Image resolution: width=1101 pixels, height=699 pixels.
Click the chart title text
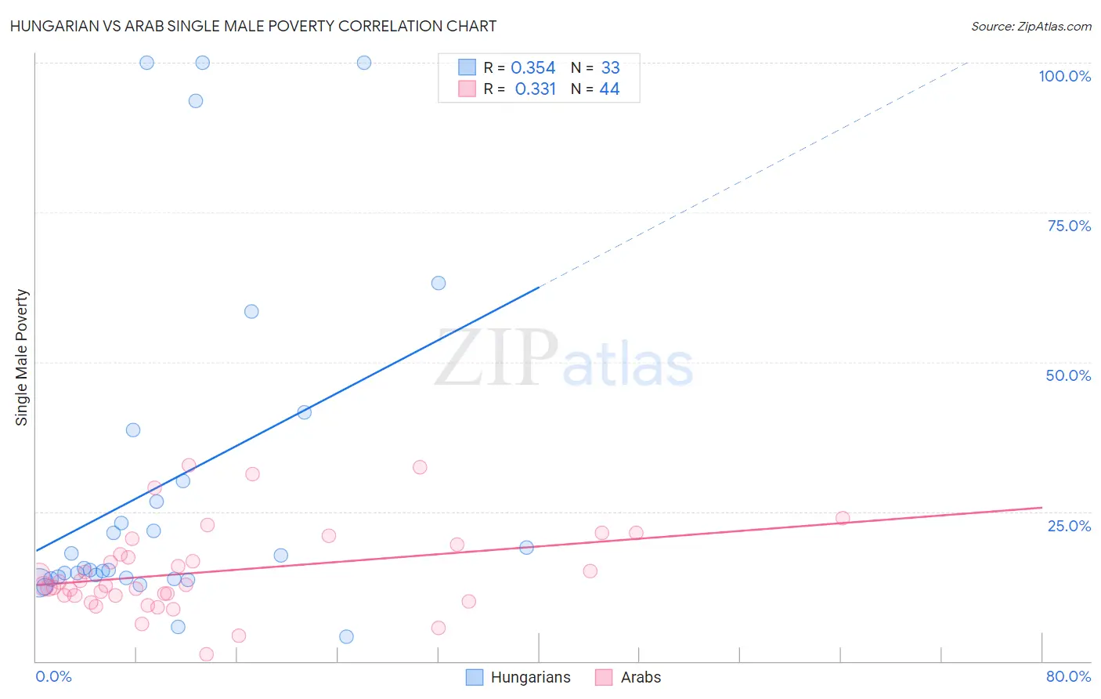[253, 26]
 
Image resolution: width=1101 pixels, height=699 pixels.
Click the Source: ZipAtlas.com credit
[1031, 26]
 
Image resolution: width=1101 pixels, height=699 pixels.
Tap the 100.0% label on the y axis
[1064, 76]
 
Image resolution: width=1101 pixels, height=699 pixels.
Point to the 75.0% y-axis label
[1069, 226]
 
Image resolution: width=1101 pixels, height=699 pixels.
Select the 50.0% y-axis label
[1068, 375]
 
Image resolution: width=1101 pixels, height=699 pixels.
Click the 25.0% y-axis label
[1069, 526]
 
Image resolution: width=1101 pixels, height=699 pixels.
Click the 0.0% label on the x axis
[53, 676]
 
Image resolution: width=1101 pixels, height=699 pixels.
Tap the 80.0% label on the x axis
[1068, 676]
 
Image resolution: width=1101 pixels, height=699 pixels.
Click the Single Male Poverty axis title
[22, 357]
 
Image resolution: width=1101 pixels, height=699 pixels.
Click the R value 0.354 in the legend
[532, 68]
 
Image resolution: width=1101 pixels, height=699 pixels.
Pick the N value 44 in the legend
[609, 89]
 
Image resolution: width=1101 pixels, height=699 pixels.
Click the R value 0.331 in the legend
[535, 89]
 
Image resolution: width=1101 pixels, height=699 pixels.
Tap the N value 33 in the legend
[610, 68]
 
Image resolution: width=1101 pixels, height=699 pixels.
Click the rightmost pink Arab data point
[843, 517]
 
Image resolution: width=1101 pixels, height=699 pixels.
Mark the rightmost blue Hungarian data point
[526, 547]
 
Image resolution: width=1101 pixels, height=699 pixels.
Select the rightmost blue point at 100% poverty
[364, 63]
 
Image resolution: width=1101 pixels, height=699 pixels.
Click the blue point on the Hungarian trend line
[305, 412]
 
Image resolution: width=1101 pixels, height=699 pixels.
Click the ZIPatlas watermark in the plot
[564, 360]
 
